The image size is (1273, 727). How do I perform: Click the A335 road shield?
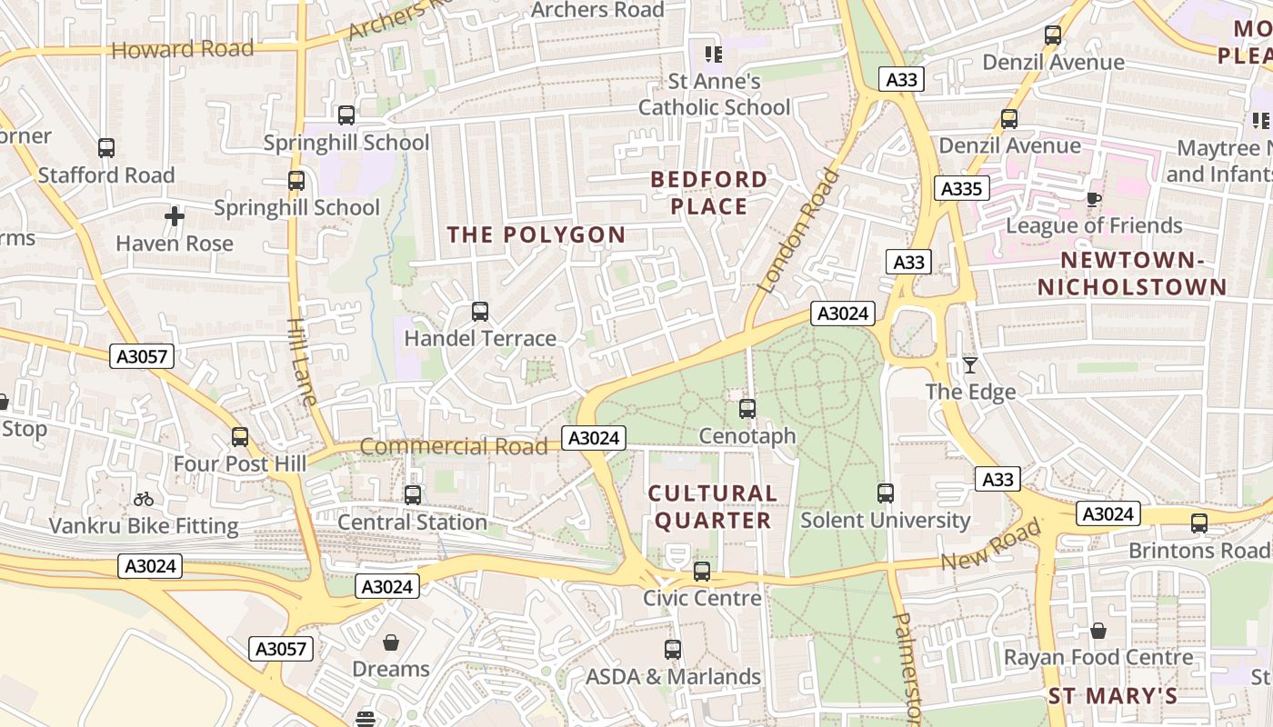tap(961, 189)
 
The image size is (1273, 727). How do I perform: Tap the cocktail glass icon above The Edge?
tap(970, 365)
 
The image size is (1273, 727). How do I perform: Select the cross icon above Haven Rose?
tap(175, 216)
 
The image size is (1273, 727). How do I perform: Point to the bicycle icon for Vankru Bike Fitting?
tap(143, 499)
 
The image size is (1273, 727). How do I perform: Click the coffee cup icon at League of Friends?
tap(1094, 199)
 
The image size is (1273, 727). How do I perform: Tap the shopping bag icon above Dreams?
tap(391, 642)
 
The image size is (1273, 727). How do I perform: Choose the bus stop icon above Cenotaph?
tap(747, 409)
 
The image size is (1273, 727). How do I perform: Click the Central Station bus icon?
tap(413, 495)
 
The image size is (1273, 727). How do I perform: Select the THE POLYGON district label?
tap(536, 234)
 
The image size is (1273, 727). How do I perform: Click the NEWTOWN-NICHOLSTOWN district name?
tap(1132, 274)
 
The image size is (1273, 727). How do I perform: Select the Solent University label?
tap(885, 521)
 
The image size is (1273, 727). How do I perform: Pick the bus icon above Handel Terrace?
tap(480, 312)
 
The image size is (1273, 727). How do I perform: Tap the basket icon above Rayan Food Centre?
tap(1098, 631)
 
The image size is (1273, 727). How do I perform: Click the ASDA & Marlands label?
tap(673, 677)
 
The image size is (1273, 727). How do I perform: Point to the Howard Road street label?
tap(182, 49)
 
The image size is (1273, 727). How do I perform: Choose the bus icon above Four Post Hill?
tap(240, 437)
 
